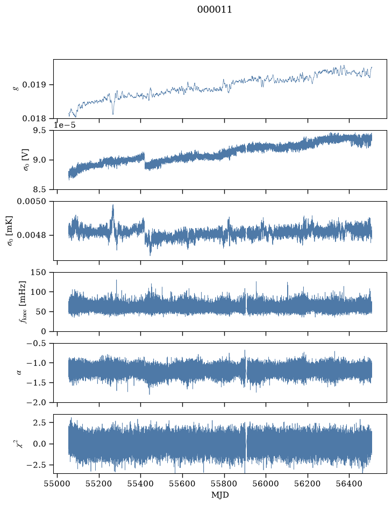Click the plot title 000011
214,10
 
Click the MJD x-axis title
220,495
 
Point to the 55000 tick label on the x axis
58,484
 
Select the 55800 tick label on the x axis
224,484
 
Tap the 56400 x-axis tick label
350,484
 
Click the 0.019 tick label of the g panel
34,85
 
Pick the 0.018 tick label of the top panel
34,118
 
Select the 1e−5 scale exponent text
65,125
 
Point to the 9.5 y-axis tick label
39,131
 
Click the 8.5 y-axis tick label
39,189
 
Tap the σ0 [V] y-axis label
26,160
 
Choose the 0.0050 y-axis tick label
32,202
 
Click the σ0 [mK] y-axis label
10,231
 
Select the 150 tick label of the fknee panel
38,273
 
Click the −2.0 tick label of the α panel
37,403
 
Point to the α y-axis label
19,373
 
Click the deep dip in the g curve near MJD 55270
113,113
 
